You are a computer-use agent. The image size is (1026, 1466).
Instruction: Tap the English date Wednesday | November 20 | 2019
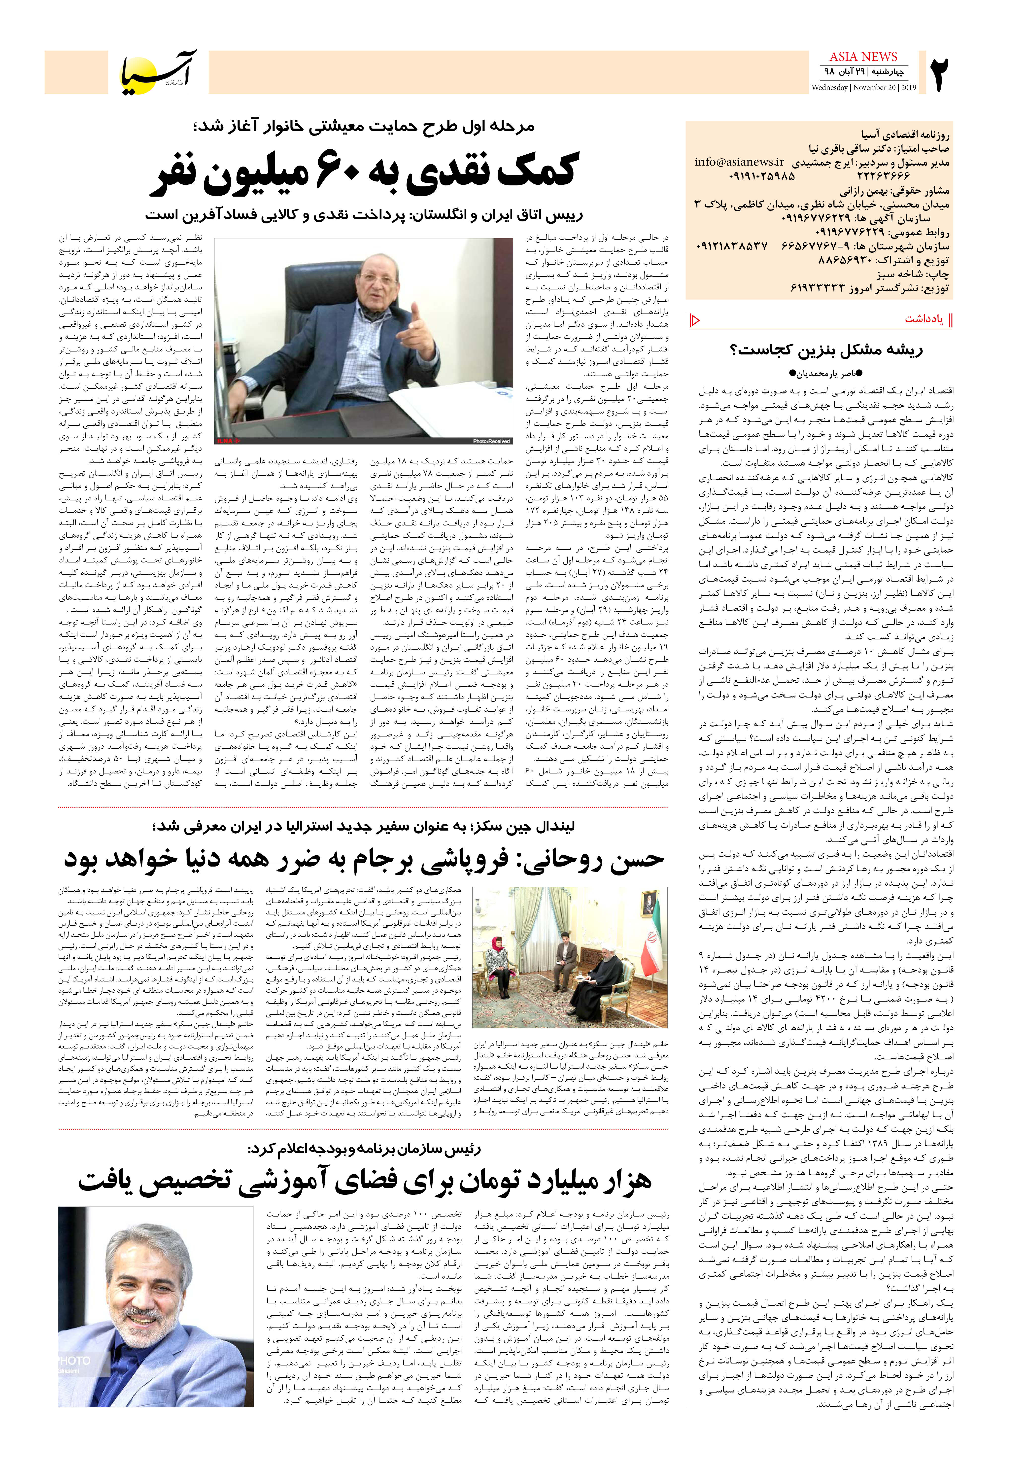(x=863, y=87)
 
